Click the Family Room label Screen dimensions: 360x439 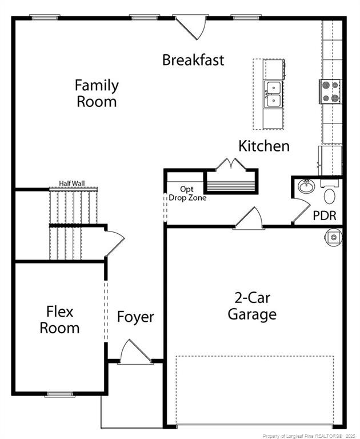pyautogui.click(x=97, y=93)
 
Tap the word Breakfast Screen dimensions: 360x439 pyautogui.click(x=193, y=60)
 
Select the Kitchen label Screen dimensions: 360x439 pyautogui.click(x=264, y=146)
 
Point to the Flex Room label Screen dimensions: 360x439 pyautogui.click(x=59, y=320)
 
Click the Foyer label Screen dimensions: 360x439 pyautogui.click(x=135, y=317)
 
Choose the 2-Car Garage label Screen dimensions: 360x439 pyautogui.click(x=252, y=306)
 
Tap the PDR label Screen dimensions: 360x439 pyautogui.click(x=325, y=215)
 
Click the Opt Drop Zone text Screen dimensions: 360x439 pyautogui.click(x=187, y=193)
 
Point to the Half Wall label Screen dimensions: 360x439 pyautogui.click(x=72, y=183)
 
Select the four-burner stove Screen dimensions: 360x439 pyautogui.click(x=330, y=91)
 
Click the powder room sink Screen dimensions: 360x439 pyautogui.click(x=306, y=186)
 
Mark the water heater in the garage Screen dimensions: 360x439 pyautogui.click(x=333, y=237)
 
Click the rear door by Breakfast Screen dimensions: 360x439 pyautogui.click(x=190, y=27)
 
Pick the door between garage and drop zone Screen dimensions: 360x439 pyautogui.click(x=249, y=218)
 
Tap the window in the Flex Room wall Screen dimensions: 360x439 pyautogui.click(x=60, y=394)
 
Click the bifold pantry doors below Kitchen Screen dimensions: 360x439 pyautogui.click(x=231, y=164)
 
